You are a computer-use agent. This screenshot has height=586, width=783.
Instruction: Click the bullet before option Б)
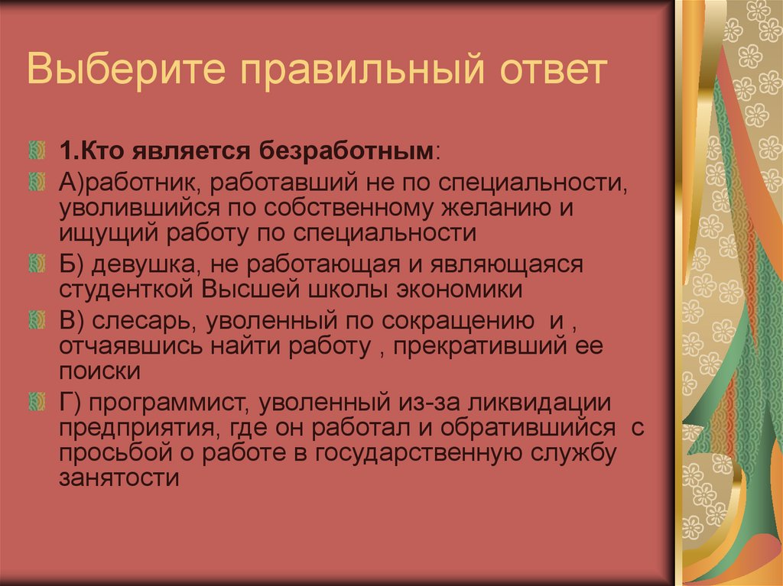(x=36, y=264)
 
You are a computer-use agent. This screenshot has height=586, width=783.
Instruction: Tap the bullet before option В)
(x=36, y=319)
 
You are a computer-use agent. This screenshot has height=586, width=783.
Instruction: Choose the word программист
(x=169, y=402)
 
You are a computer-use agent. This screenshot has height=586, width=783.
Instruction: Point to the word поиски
(x=99, y=372)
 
